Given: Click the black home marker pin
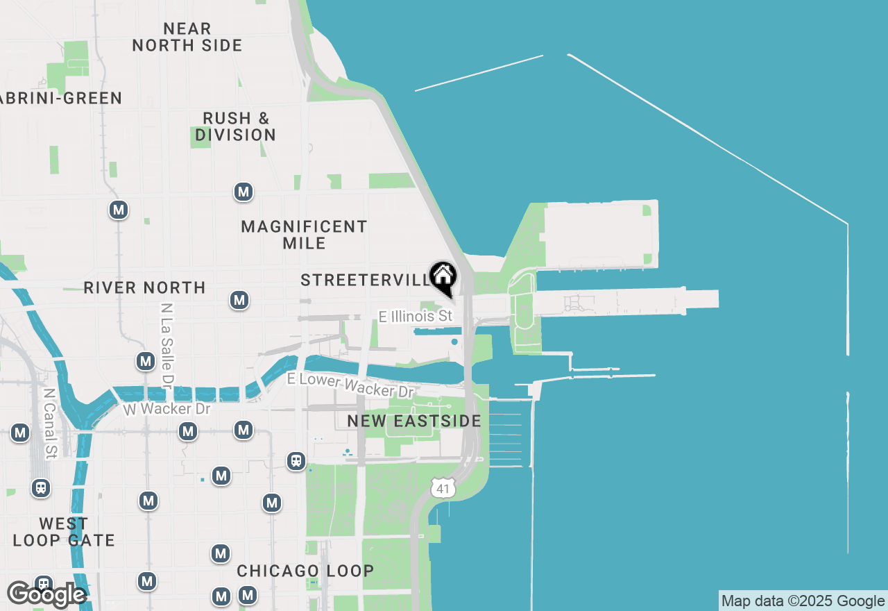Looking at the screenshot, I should [443, 277].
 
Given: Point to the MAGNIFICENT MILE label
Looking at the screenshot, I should [304, 235].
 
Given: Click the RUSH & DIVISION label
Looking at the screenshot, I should [235, 126].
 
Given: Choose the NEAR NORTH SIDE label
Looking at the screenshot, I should [187, 37].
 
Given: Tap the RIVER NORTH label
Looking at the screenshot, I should [144, 287].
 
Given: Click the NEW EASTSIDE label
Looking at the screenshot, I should [414, 421].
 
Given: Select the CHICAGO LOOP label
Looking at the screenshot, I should [305, 571].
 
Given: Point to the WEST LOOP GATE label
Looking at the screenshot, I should [64, 532].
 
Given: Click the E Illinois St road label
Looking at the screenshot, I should [416, 317].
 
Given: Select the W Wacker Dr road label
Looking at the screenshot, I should [166, 408].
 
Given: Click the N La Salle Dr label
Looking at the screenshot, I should [166, 344].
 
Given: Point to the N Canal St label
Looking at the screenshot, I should [49, 424].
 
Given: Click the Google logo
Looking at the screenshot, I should [46, 594].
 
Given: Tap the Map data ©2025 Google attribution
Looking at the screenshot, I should [803, 601].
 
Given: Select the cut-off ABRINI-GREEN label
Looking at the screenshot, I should [61, 99].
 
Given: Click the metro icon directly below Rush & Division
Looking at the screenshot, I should [243, 192].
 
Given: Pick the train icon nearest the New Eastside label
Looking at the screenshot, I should [296, 461].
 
